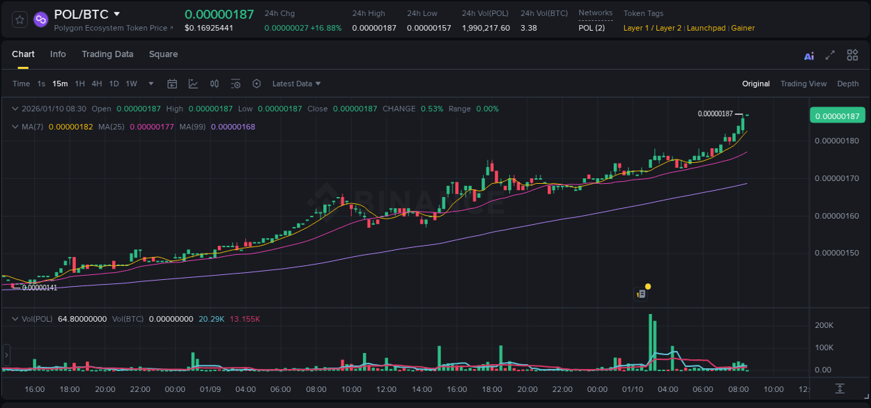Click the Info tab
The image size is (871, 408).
click(x=58, y=54)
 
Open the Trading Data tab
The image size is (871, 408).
click(x=107, y=54)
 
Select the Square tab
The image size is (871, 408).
click(x=163, y=54)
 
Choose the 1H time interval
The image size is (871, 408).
click(x=80, y=84)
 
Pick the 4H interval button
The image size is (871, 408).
click(x=97, y=84)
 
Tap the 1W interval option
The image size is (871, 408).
click(x=131, y=84)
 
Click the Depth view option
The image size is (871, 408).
click(x=847, y=84)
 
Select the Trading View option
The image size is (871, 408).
click(x=803, y=84)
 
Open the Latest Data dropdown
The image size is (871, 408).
click(x=296, y=84)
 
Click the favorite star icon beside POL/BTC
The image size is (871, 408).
click(x=20, y=19)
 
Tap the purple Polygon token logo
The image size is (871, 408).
click(x=40, y=19)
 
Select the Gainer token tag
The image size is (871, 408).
click(x=743, y=28)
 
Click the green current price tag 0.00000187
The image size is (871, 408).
click(x=837, y=116)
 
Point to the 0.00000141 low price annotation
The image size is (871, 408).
click(x=40, y=288)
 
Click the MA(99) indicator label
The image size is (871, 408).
click(x=192, y=127)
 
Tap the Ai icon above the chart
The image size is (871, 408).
click(x=809, y=56)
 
